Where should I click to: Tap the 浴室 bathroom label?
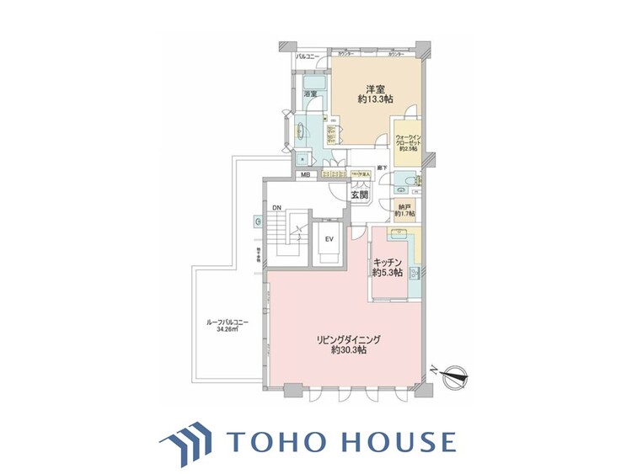click(310, 94)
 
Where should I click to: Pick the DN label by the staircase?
click(276, 208)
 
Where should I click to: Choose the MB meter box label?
click(304, 175)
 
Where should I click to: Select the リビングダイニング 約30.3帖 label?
click(348, 344)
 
